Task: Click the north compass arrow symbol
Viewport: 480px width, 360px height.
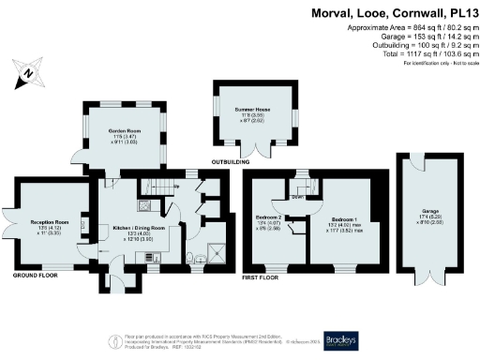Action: tap(27, 71)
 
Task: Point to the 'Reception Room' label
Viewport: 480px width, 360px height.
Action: tap(47, 222)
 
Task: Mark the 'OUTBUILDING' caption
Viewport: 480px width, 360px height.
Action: tap(229, 162)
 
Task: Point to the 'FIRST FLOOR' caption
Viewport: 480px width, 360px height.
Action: tap(262, 277)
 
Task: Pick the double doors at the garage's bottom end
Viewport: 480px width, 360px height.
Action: tap(430, 278)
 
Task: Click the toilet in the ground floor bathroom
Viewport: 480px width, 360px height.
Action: tap(190, 254)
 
